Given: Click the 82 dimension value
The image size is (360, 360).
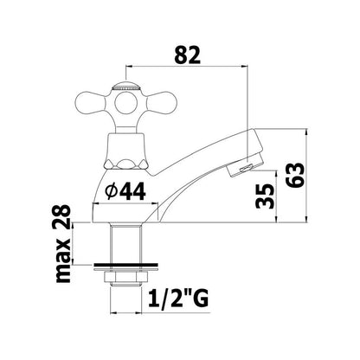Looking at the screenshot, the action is pyautogui.click(x=188, y=55).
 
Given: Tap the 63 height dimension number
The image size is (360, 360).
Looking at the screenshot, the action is pyautogui.click(x=295, y=176).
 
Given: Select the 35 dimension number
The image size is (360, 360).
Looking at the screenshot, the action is pyautogui.click(x=265, y=196).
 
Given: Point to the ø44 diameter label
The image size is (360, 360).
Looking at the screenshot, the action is pyautogui.click(x=125, y=192).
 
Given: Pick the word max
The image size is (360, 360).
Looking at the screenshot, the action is pyautogui.click(x=62, y=260).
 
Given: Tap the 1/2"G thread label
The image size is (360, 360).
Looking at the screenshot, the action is pyautogui.click(x=177, y=299).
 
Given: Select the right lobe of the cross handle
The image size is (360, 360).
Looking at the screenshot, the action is pyautogui.click(x=163, y=104).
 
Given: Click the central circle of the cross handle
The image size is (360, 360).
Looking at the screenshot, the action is pyautogui.click(x=125, y=104).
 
